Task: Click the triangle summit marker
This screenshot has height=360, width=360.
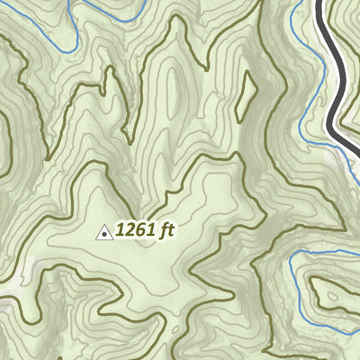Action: click(x=104, y=233)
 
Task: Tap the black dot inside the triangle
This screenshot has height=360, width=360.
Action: click(x=104, y=234)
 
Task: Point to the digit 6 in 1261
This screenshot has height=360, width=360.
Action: click(x=136, y=230)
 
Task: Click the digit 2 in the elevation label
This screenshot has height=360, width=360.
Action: click(x=126, y=230)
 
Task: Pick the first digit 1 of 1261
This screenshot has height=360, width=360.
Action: click(x=118, y=230)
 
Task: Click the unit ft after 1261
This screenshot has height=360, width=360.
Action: click(x=166, y=230)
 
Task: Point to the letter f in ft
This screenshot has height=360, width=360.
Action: click(x=162, y=230)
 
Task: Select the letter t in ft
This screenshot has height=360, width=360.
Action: click(x=169, y=230)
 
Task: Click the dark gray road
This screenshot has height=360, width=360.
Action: click(x=334, y=81)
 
